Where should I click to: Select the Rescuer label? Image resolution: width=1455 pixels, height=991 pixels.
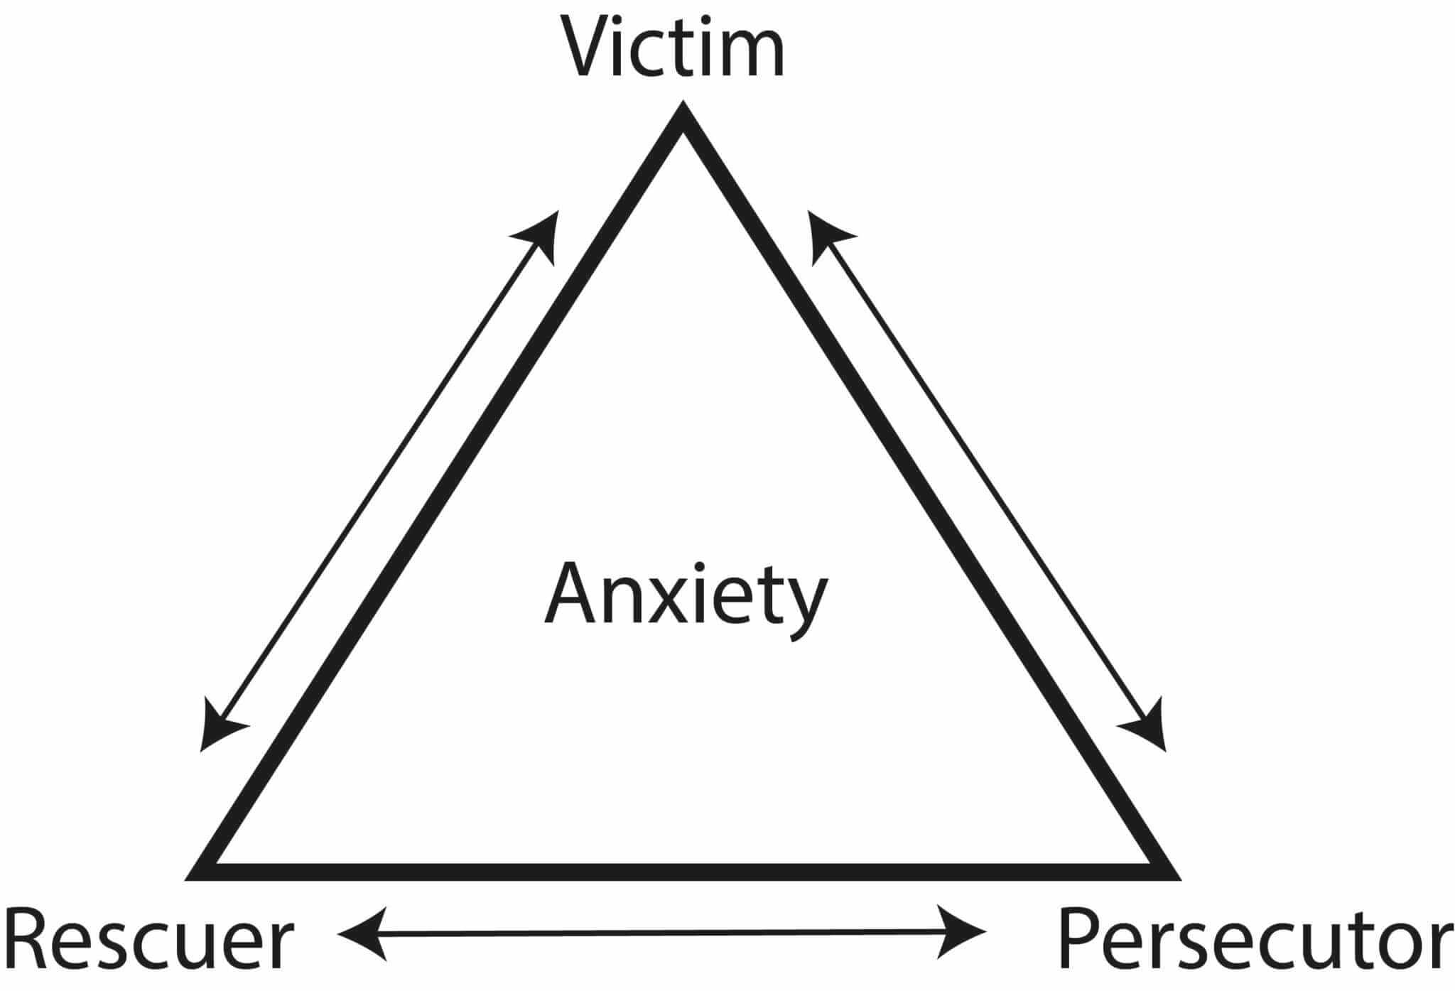pos(149,942)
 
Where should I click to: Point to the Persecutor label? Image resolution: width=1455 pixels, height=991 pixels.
pos(1255,942)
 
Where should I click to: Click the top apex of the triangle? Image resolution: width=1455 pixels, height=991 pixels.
pos(683,104)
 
